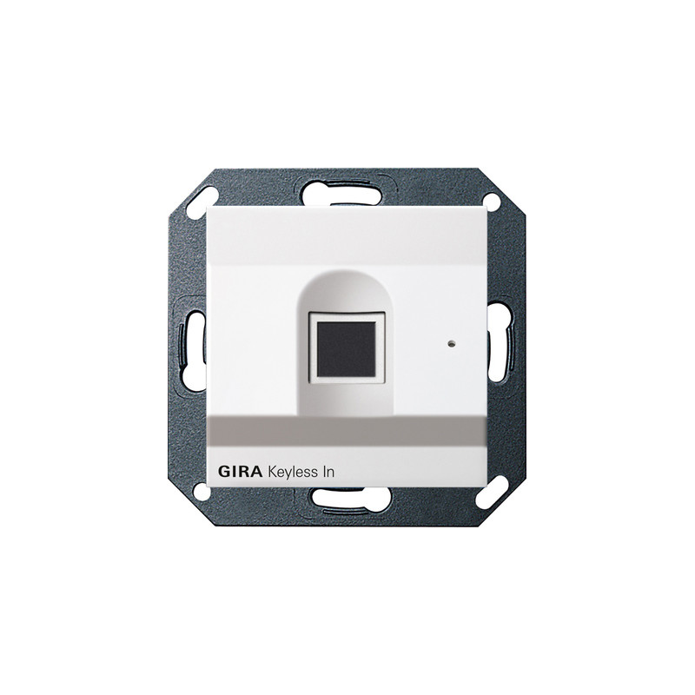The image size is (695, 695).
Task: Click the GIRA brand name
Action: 241,472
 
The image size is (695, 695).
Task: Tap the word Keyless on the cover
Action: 289,473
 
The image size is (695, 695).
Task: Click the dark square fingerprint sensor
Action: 347,343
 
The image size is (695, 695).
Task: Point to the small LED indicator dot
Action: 452,343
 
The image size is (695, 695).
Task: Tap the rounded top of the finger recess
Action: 347,284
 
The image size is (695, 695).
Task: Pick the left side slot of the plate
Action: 192,347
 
